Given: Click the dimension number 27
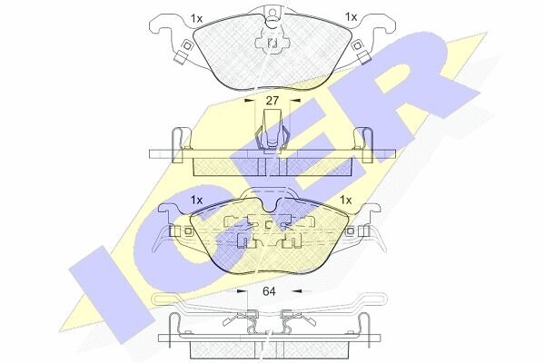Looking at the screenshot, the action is point(272,101).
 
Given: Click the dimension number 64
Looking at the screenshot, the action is point(269,291).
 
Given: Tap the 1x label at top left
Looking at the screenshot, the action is point(197,18).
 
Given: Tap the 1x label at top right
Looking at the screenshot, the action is point(351,16).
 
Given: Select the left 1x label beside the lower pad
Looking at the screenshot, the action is point(196,201).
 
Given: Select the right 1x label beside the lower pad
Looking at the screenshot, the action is point(346,200).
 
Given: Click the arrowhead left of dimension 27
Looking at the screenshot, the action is point(249,101).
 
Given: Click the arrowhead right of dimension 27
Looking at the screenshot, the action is point(295,101).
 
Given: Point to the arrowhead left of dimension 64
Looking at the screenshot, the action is point(241,291).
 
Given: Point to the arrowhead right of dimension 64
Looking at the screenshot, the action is point(298,291).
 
